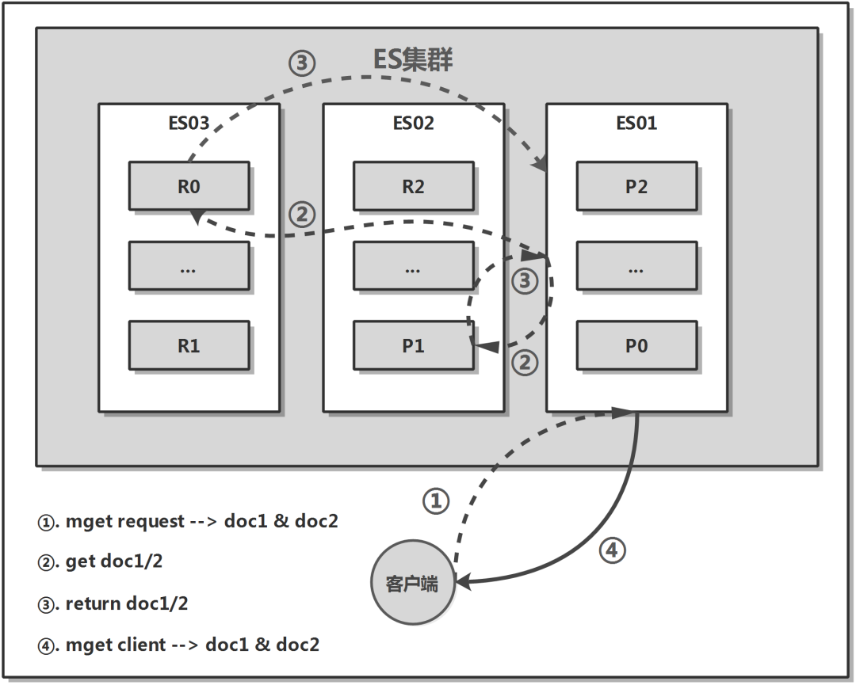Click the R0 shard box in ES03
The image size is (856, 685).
click(189, 186)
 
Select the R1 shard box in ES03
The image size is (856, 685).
click(189, 345)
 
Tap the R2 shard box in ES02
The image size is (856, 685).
click(413, 186)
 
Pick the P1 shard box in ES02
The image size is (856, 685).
click(413, 345)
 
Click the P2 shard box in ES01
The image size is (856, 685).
click(636, 186)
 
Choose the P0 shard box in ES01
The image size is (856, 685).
click(636, 345)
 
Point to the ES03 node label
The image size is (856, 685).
click(189, 124)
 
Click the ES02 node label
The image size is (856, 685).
click(413, 124)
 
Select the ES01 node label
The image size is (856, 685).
click(636, 124)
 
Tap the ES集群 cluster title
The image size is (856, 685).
click(412, 60)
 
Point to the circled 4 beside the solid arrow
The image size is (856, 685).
click(611, 550)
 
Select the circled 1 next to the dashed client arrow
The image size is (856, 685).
click(435, 500)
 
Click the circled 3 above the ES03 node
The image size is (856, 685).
click(302, 63)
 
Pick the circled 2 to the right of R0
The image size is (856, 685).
click(301, 214)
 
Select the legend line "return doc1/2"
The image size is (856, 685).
click(113, 603)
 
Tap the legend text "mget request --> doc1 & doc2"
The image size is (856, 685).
click(187, 522)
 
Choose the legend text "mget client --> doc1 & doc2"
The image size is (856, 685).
click(178, 645)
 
